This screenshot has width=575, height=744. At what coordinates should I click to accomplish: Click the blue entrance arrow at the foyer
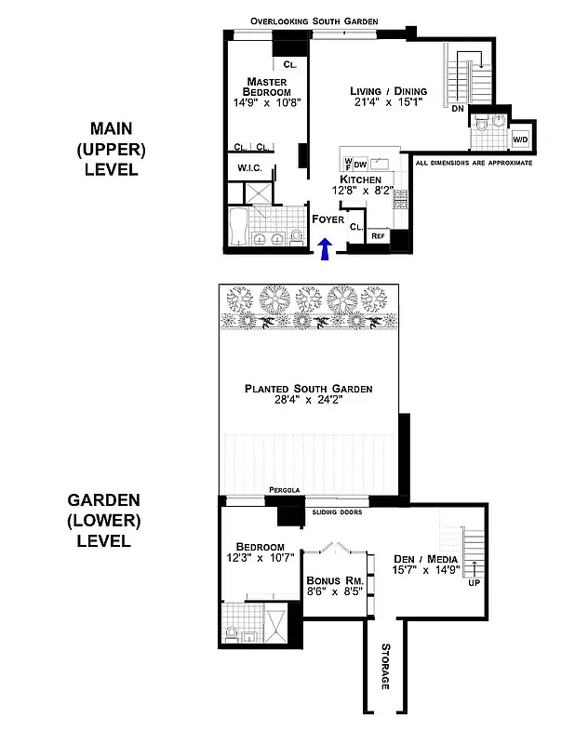pos(325,248)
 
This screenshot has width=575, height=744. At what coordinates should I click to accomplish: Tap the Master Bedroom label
pos(267,86)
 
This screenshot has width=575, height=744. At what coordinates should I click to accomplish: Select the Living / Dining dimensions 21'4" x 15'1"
pos(388,103)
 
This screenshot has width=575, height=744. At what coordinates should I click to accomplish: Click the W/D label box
pos(521,139)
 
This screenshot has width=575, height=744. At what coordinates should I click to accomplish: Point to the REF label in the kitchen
pos(378,236)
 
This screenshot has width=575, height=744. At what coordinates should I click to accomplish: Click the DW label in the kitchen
pos(360,164)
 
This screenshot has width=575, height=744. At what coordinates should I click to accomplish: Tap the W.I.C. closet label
pos(249,167)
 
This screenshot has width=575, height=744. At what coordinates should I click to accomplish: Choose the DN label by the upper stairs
pos(457,109)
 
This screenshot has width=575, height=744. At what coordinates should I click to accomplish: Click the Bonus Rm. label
pos(330,580)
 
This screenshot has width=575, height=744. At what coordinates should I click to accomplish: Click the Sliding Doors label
pos(337,512)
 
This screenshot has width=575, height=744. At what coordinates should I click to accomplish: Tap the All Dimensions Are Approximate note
pos(474,163)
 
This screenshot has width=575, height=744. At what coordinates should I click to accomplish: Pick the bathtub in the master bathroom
pos(238,227)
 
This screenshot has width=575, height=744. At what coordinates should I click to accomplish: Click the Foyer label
pos(328,219)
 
